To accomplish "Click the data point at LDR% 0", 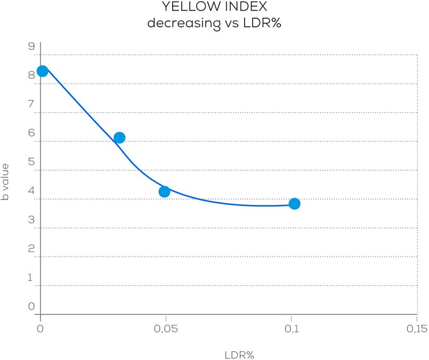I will [x=42, y=71].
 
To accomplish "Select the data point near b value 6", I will [x=119, y=138].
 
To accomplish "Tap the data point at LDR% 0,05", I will [x=165, y=192].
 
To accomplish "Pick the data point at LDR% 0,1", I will [x=294, y=204].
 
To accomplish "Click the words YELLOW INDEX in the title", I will [x=214, y=8].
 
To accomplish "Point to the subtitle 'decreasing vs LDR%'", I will [x=214, y=24].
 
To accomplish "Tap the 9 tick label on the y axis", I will [x=31, y=47].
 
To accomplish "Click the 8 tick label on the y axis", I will [x=31, y=76].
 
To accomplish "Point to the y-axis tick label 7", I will [x=31, y=104].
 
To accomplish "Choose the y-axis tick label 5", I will [x=31, y=162].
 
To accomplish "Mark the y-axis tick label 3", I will [x=31, y=220].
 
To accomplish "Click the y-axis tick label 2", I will [x=31, y=249].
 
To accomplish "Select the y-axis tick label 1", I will [x=31, y=278].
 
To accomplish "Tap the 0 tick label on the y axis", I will [x=31, y=307].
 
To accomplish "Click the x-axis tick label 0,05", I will [x=166, y=328].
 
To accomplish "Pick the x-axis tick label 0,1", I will [x=291, y=328].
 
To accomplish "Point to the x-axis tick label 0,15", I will [x=416, y=328].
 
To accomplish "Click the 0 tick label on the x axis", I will [x=40, y=328].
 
